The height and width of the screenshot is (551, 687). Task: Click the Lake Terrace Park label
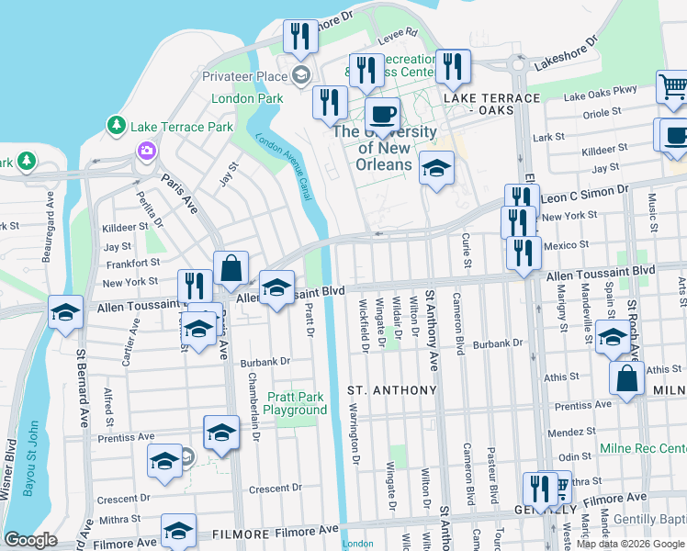182,127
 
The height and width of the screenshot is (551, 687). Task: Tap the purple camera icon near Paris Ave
145,150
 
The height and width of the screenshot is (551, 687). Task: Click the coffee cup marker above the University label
382,116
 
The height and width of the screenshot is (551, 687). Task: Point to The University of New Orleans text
384,148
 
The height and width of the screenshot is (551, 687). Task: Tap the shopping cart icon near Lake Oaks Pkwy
672,88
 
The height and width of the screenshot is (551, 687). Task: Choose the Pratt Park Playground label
296,404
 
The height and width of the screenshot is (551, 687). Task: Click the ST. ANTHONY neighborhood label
391,390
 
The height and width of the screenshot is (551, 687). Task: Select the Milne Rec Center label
643,448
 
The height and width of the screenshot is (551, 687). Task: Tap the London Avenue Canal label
284,165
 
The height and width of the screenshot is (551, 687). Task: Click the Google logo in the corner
30,540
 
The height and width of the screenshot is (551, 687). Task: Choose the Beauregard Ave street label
51,211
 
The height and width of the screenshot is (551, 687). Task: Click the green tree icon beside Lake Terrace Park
117,124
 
